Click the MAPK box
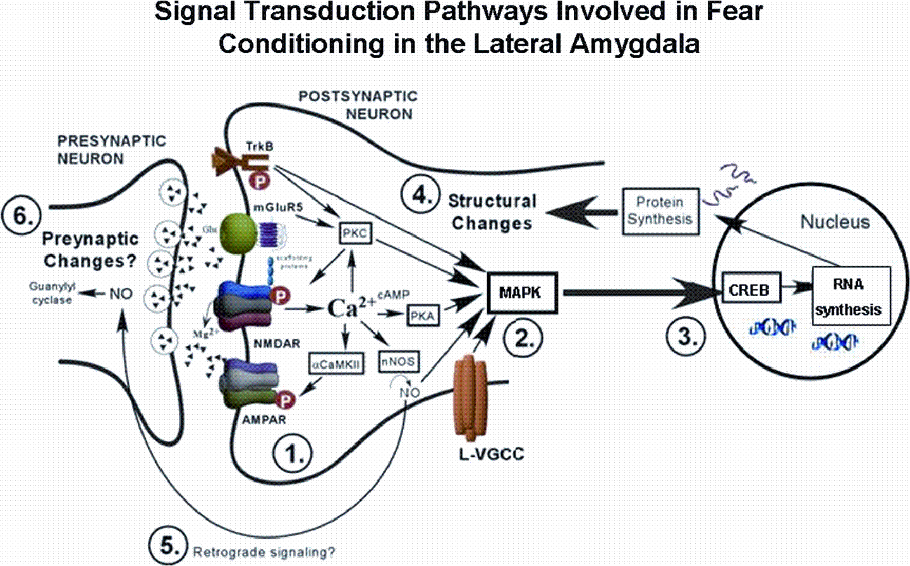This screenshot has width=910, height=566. pos(521,293)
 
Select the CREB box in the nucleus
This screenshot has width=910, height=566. pos(750,290)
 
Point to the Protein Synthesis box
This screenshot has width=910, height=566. pos(660,211)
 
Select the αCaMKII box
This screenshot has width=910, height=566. pos(336,364)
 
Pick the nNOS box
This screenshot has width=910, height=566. pos(399,361)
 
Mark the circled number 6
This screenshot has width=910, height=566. pos(21,216)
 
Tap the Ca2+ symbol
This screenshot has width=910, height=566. pos(351,308)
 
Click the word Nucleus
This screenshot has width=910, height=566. pos(835,222)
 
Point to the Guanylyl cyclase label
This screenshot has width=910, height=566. pos(52,293)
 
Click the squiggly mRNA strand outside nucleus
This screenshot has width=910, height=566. pos(729,185)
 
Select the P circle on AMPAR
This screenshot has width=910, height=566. pos(286,399)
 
